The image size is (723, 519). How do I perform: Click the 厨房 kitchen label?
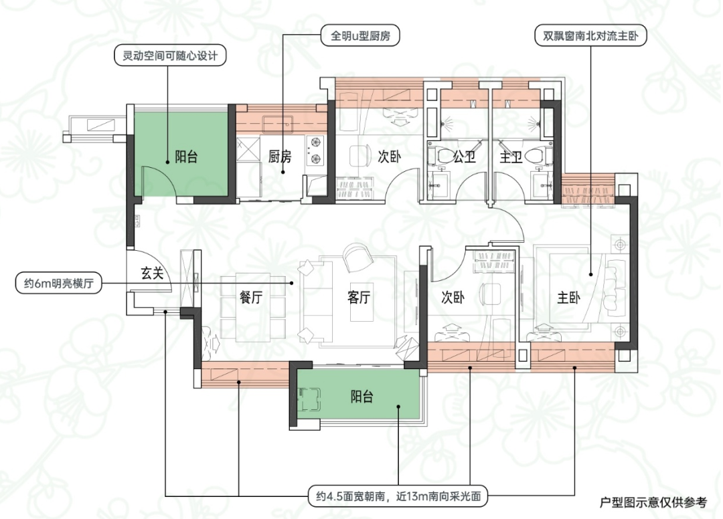click(x=280, y=157)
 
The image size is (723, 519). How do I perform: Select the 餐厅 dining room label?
click(x=250, y=298)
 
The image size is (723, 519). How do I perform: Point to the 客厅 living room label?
click(x=358, y=298)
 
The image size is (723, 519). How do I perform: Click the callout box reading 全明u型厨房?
click(x=360, y=35)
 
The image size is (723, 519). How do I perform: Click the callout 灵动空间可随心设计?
click(x=169, y=56)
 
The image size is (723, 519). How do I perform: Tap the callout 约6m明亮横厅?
click(x=58, y=284)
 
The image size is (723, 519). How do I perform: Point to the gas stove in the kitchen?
click(x=314, y=150)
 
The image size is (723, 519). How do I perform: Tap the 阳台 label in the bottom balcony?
click(x=361, y=397)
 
